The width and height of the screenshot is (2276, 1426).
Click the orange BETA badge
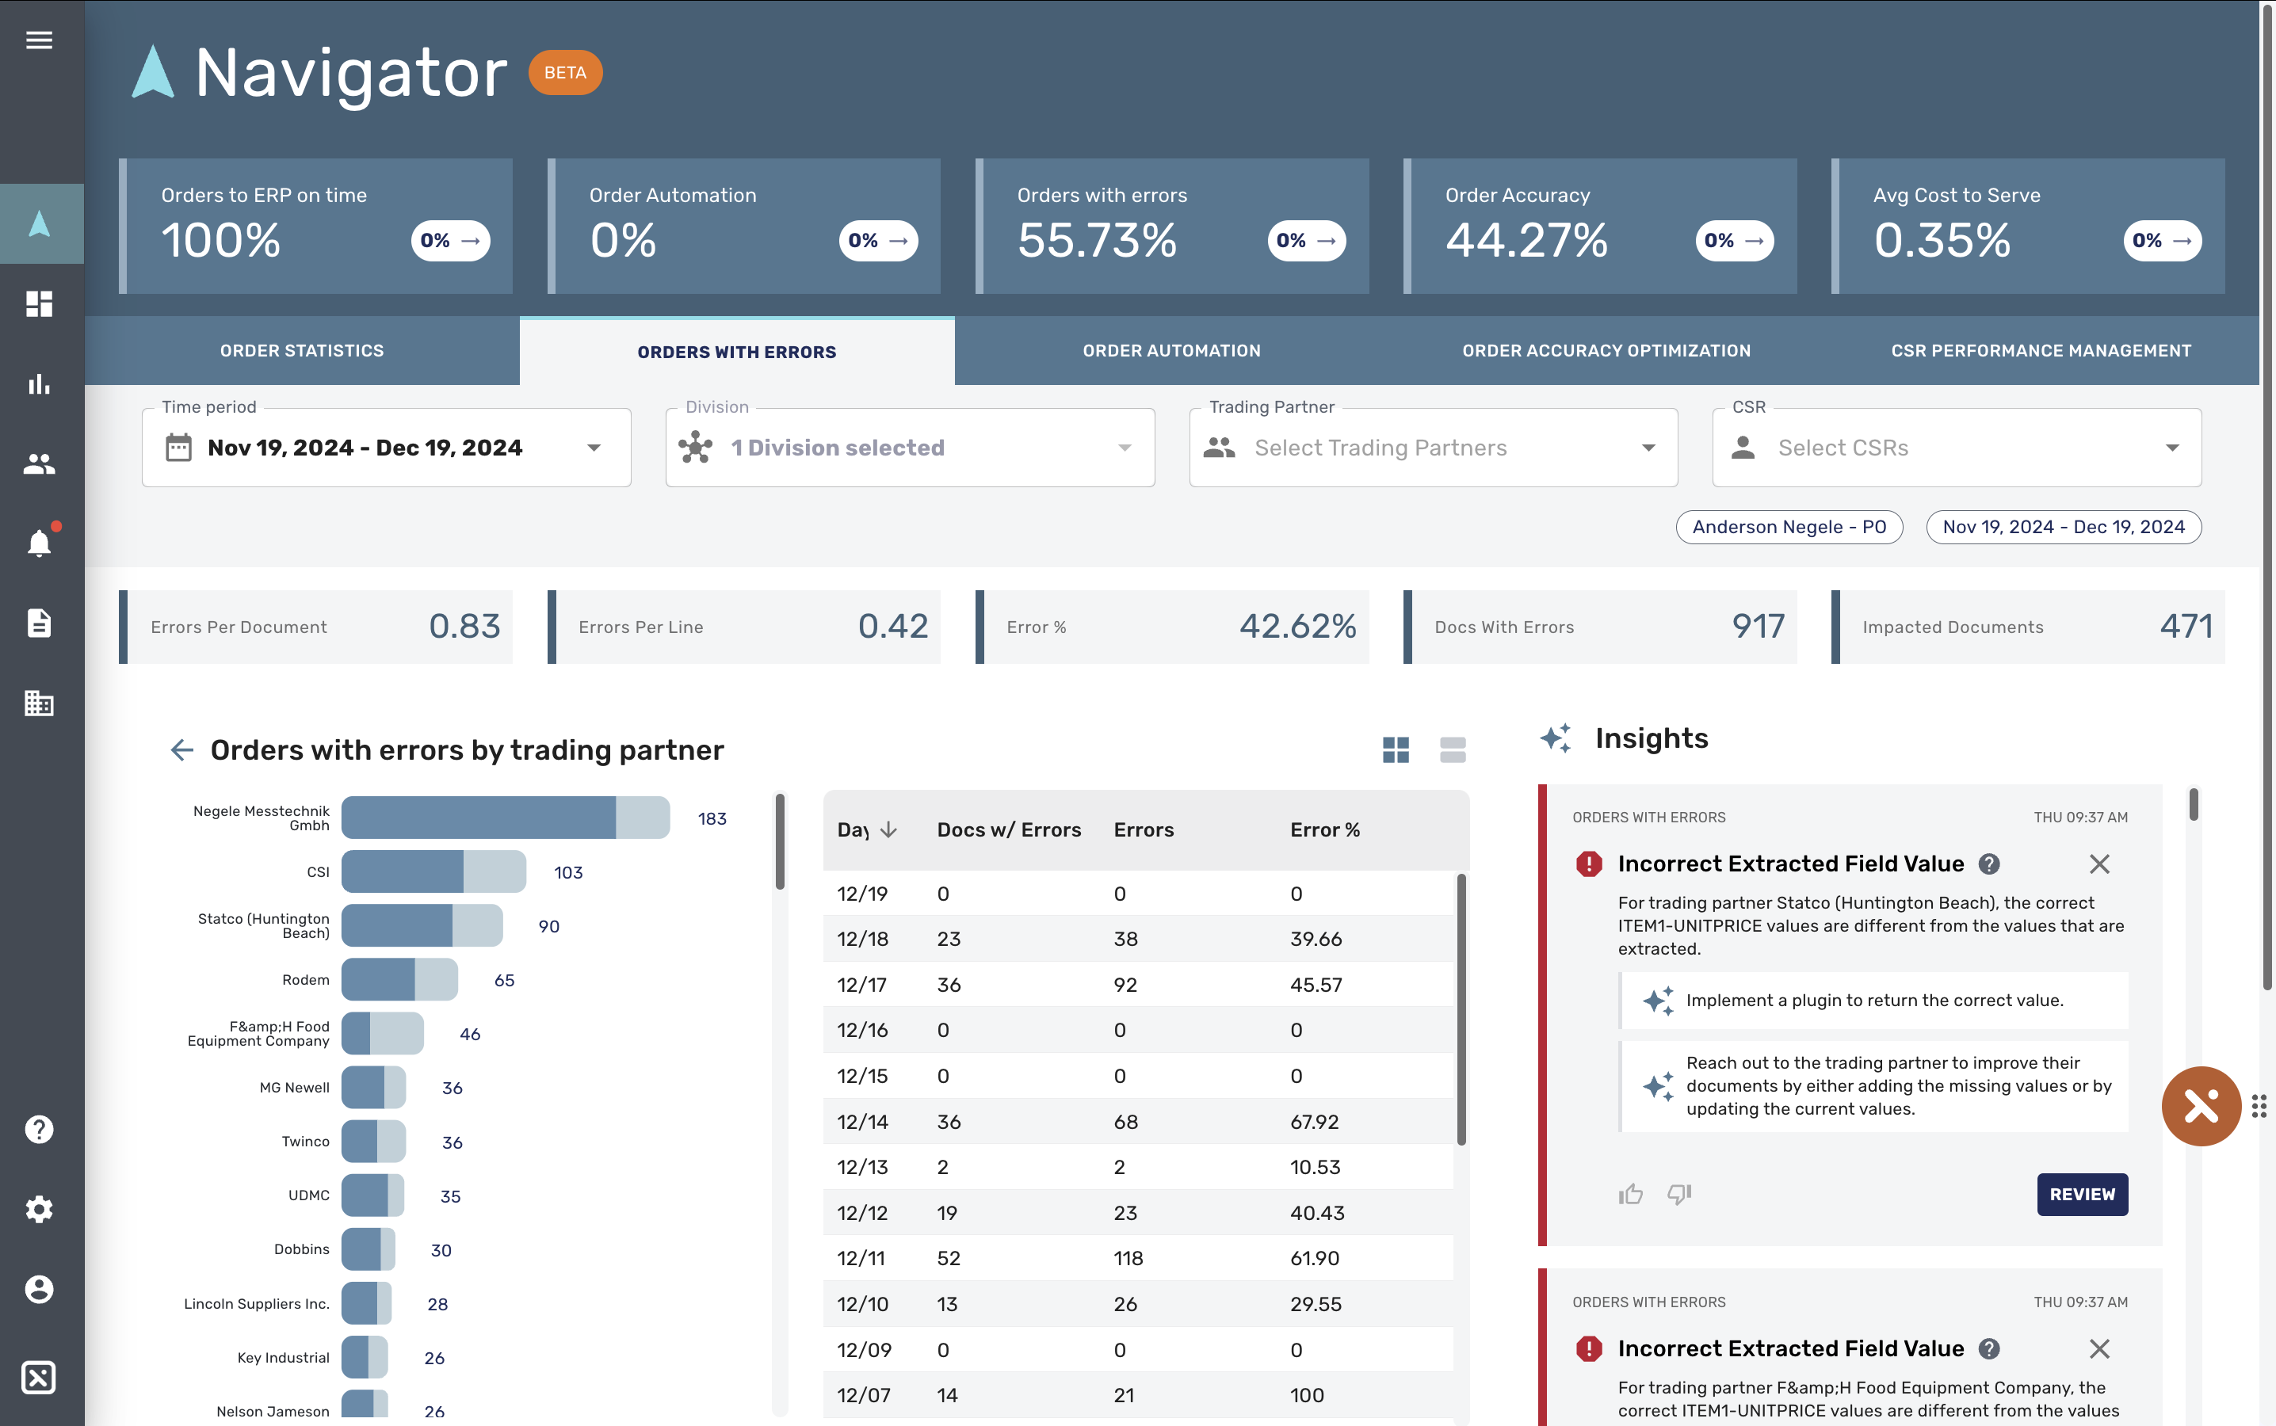point(565,73)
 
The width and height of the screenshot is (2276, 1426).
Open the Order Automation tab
point(1170,351)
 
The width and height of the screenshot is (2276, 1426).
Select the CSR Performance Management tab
point(2040,351)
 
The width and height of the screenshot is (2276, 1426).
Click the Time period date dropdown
point(386,448)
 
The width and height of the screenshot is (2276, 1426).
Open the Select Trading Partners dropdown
point(1433,448)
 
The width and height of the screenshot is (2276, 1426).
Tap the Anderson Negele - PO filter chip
point(1789,527)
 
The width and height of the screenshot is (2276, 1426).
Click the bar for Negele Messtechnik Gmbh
point(505,818)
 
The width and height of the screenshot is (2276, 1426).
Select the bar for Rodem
point(399,980)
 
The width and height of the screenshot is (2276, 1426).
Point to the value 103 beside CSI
point(568,872)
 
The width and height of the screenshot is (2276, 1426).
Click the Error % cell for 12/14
point(1314,1121)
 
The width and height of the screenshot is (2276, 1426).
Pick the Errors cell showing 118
point(1128,1258)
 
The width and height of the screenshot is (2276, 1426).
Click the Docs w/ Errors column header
point(1008,830)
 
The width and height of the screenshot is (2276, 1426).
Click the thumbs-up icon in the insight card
point(1630,1194)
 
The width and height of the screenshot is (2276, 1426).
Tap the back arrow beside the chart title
point(182,749)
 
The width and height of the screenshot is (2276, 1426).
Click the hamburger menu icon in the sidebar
point(39,40)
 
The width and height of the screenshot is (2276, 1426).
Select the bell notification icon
point(39,543)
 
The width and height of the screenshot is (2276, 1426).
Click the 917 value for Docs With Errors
point(1757,626)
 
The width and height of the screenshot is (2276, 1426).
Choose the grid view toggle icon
point(1395,749)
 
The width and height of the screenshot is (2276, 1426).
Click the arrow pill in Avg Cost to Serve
point(2162,241)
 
